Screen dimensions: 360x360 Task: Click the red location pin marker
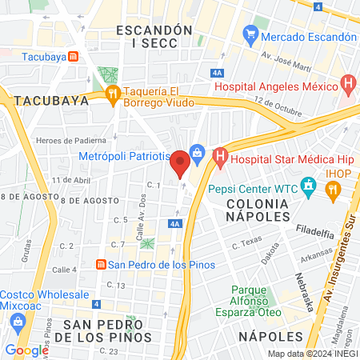181,162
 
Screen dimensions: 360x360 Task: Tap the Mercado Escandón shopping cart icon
251,36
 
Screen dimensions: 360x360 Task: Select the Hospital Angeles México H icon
347,82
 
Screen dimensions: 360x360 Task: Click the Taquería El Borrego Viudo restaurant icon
113,94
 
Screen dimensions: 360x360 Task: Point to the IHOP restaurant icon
333,190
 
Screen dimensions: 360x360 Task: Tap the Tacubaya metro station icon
74,57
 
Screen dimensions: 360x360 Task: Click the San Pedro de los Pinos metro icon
101,265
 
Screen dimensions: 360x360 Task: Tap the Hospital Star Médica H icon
219,159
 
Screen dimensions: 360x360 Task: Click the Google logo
26,350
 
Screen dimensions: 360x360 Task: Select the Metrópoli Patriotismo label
124,157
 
